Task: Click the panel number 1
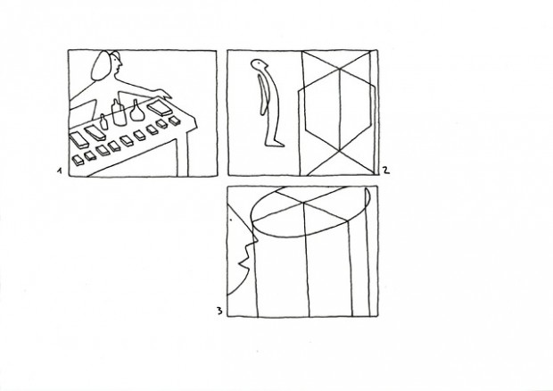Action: coord(60,171)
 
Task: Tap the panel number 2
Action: coord(386,171)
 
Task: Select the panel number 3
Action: coord(219,311)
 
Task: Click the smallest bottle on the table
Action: coord(103,121)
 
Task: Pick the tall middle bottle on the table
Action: coord(119,112)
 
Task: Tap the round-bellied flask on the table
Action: coord(136,111)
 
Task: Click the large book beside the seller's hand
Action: coord(160,108)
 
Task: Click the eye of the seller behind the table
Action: coord(118,60)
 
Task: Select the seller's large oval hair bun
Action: coord(100,66)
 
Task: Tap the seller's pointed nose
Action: coord(121,64)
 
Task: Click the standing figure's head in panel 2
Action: coord(260,64)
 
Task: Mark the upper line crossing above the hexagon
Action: coord(339,69)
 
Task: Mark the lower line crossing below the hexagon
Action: coord(339,151)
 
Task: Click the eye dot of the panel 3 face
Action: coord(231,220)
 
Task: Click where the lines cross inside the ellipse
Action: coord(303,203)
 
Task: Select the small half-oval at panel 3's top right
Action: coord(367,198)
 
